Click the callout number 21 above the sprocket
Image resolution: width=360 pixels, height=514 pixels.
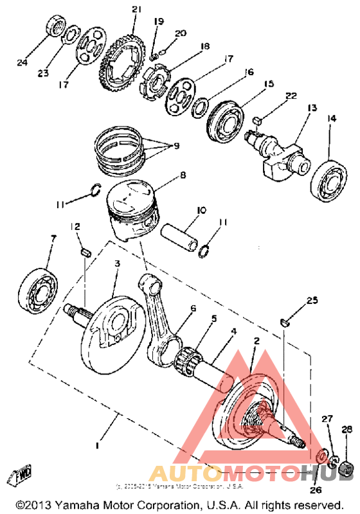point(135,9)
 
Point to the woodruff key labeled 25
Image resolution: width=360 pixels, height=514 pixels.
point(286,322)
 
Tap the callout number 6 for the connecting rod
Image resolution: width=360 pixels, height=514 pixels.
point(193,309)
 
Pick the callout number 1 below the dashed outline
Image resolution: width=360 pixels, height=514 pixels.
point(98,445)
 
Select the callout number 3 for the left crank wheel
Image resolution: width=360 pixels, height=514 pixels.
point(118,264)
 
